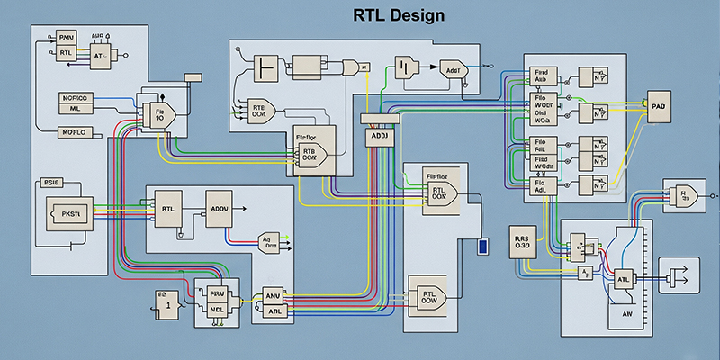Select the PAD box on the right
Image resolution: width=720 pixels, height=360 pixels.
[x=659, y=106]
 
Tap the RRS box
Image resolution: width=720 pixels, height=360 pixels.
[x=524, y=236]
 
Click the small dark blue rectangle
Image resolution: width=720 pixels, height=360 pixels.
[x=483, y=246]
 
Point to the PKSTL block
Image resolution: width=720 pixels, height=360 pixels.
[x=70, y=214]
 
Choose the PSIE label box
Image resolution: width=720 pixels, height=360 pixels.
[x=52, y=183]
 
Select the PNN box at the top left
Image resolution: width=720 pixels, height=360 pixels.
[x=67, y=37]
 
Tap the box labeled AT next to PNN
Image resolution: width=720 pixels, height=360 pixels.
[x=100, y=54]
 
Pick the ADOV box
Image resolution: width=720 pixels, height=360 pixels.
[x=220, y=209]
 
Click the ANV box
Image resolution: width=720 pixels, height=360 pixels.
[x=273, y=295]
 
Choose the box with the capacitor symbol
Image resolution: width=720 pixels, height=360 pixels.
[x=406, y=69]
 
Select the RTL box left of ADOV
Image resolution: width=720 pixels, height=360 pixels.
[x=168, y=209]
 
